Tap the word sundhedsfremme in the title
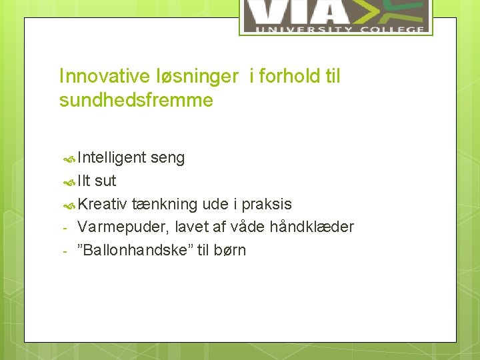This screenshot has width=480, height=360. tap(136, 101)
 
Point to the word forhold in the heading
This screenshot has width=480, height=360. tap(290, 77)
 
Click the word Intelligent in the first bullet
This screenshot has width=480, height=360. tap(112, 158)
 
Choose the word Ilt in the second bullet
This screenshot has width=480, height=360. tap(85, 181)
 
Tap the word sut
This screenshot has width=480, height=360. tap(105, 181)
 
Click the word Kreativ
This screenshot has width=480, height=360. tap(103, 204)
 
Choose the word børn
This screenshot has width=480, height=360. tap(230, 250)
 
